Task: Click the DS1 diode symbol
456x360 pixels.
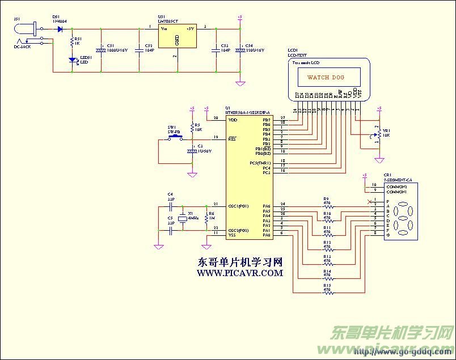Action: pos(60,28)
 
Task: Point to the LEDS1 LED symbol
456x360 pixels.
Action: pos(71,60)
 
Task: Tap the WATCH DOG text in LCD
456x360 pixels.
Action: pos(326,77)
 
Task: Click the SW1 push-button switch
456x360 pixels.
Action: pos(174,137)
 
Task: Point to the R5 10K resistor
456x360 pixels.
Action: pos(192,129)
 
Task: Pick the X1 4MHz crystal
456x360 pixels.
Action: pos(182,219)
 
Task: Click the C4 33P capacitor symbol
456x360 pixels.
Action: pos(170,206)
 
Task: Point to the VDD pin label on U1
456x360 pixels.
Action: pos(233,120)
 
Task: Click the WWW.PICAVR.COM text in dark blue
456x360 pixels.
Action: pos(239,273)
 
